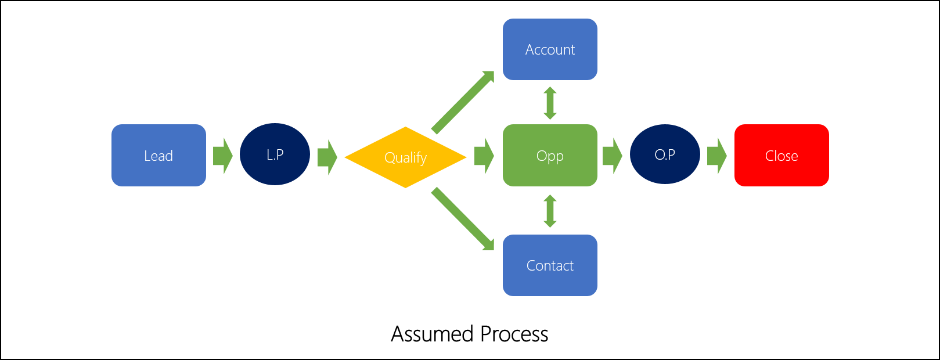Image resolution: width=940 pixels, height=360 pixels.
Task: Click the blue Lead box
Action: [159, 155]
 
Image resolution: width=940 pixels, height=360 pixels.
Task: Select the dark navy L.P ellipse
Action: [275, 154]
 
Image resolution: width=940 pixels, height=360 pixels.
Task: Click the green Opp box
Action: [550, 155]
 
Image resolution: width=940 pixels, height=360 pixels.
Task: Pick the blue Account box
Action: [550, 49]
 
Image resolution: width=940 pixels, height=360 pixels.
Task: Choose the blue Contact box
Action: [550, 265]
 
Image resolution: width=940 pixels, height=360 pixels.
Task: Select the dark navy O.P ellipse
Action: [665, 154]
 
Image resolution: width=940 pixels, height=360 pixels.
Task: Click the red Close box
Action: [781, 155]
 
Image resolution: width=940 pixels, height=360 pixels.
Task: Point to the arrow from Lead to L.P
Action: [222, 156]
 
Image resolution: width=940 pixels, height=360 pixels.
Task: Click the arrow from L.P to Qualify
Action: [327, 157]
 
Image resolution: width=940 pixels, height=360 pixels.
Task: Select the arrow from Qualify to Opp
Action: [484, 156]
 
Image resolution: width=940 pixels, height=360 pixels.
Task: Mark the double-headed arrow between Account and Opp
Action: [550, 103]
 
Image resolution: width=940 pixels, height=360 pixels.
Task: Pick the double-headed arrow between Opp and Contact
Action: [550, 211]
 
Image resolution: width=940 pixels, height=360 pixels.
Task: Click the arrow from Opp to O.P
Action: [612, 156]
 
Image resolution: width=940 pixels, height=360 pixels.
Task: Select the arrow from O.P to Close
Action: [716, 156]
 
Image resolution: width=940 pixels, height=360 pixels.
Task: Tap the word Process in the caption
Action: [514, 334]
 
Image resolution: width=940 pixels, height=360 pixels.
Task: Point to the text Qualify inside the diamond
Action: [405, 157]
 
